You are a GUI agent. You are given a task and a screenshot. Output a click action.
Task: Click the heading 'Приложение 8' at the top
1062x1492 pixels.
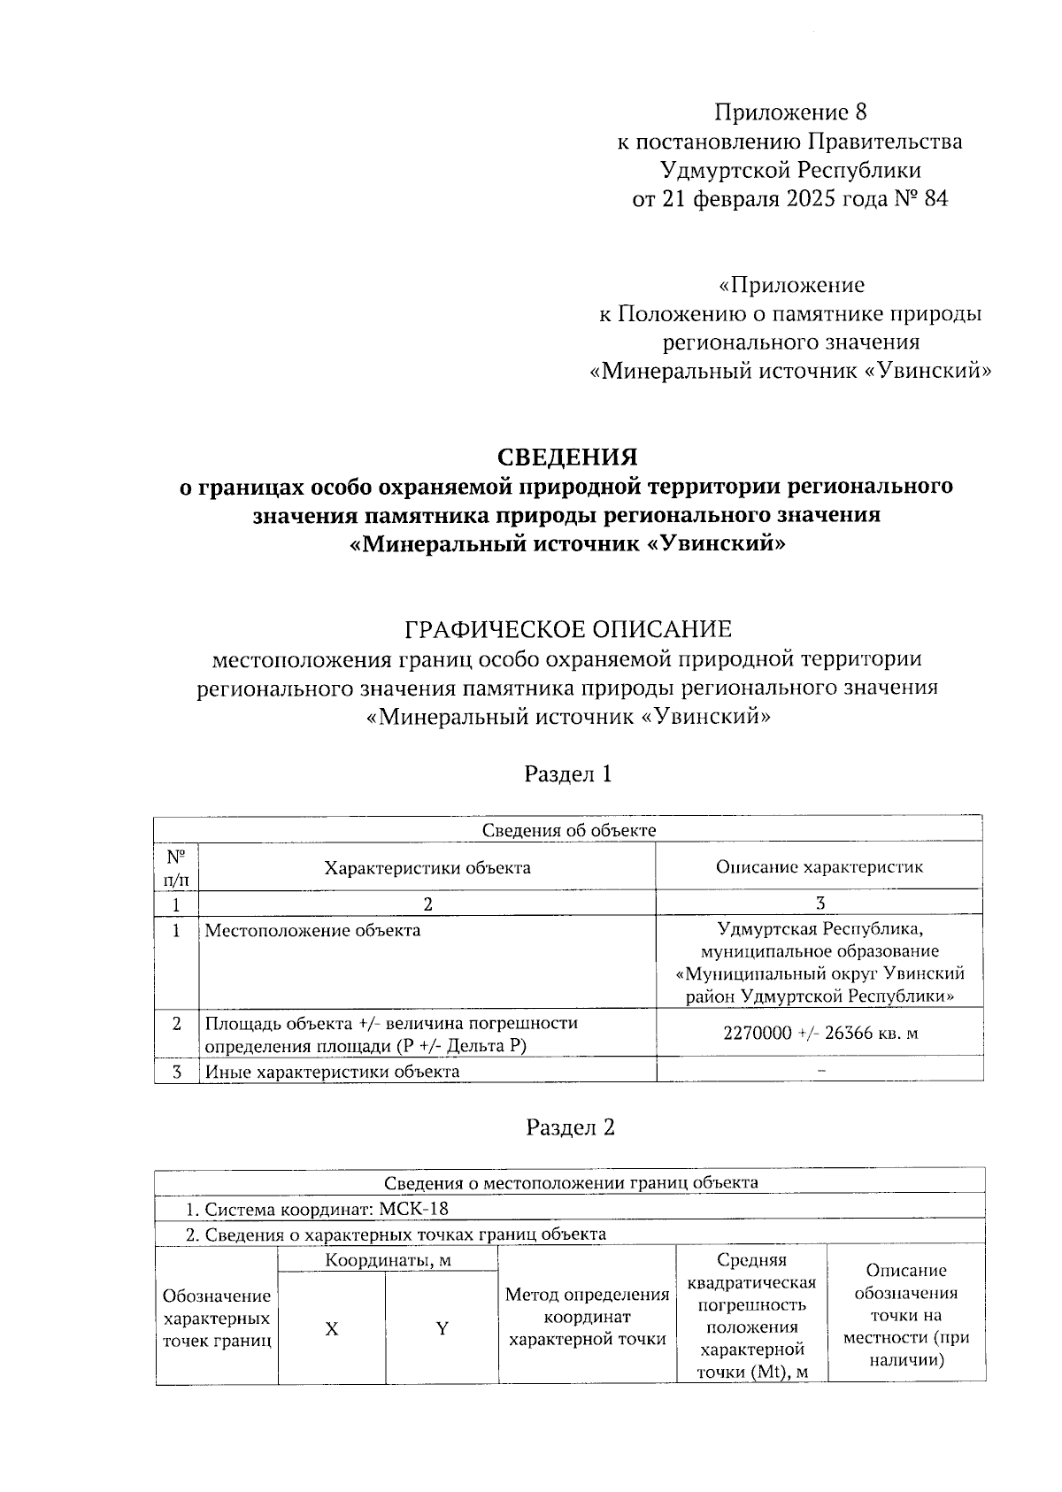pyautogui.click(x=790, y=112)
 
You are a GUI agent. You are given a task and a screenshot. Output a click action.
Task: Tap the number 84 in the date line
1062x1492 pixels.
pyautogui.click(x=935, y=199)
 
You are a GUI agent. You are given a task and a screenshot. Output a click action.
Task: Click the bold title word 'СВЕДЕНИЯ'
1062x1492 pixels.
pyautogui.click(x=567, y=458)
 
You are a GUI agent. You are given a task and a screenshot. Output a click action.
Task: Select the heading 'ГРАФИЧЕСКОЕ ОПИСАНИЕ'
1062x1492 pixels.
pyautogui.click(x=567, y=629)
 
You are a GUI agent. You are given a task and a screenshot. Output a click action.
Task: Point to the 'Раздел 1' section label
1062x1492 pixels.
pyautogui.click(x=568, y=773)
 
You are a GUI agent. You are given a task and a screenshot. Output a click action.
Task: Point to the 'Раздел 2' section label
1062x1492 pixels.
pyautogui.click(x=570, y=1127)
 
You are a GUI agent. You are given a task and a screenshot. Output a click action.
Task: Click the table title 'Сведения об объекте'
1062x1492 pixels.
pyautogui.click(x=568, y=830)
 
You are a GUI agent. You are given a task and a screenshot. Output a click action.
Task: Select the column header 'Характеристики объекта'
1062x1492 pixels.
pyautogui.click(x=427, y=867)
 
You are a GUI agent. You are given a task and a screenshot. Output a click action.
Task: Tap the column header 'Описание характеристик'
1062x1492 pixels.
pyautogui.click(x=819, y=867)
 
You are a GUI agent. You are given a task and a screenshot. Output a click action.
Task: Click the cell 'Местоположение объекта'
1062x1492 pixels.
pyautogui.click(x=313, y=930)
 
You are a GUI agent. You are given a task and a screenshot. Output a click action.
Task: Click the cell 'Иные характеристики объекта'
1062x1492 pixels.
pyautogui.click(x=333, y=1072)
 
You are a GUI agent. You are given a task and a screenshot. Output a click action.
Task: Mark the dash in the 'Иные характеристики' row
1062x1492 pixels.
pyautogui.click(x=821, y=1071)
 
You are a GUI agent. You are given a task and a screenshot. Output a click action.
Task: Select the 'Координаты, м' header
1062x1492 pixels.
pyautogui.click(x=388, y=1259)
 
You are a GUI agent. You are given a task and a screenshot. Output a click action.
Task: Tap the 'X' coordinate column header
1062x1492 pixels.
pyautogui.click(x=331, y=1329)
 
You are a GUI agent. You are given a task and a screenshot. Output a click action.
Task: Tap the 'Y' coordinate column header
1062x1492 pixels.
pyautogui.click(x=441, y=1329)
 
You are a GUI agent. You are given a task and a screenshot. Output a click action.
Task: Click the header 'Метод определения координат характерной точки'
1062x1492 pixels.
pyautogui.click(x=586, y=1317)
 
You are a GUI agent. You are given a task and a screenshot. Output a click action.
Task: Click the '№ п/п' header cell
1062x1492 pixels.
pyautogui.click(x=176, y=867)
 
